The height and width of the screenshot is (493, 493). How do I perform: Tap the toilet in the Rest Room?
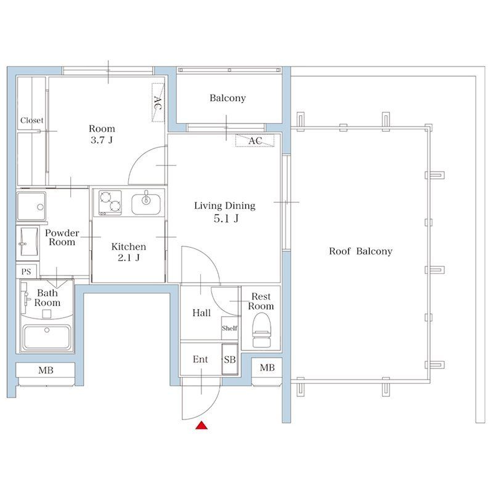pos(261,330)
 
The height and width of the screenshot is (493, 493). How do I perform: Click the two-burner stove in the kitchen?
pos(110,203)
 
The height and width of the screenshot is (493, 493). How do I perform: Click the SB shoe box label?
pos(230,359)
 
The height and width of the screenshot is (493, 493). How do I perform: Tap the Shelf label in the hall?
pos(229,328)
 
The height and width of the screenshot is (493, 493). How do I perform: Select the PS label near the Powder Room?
pos(26,271)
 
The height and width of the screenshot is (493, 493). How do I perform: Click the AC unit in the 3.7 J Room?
pos(158,102)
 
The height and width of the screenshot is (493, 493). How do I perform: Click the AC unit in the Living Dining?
pos(255,141)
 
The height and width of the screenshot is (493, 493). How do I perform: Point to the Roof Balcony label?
pos(361,251)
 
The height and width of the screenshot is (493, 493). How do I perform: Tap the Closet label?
pos(32,120)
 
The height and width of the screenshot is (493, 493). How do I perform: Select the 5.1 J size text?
pos(226,218)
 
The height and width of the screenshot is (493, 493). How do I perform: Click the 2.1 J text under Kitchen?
pos(129,258)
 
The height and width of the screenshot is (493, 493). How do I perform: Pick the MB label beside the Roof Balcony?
pos(267,367)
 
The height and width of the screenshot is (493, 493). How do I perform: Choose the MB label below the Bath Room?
pos(46,370)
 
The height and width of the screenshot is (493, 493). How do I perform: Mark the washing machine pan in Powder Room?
pos(31,206)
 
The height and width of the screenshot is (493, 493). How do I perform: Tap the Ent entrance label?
pos(200,359)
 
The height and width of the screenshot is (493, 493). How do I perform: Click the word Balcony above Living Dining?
pos(227,98)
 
